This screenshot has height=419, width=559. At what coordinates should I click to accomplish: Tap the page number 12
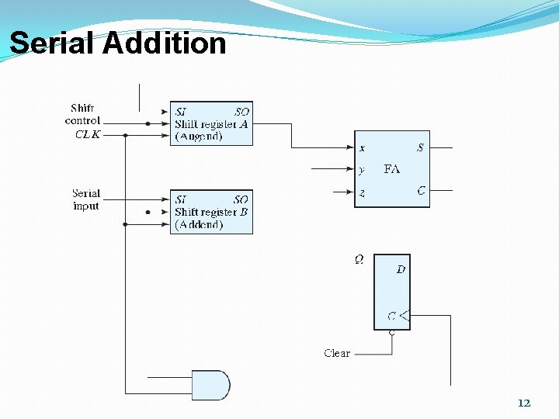[524, 403]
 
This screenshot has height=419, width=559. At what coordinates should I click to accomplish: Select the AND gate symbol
[211, 385]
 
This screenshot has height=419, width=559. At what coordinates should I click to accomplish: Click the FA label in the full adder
[392, 169]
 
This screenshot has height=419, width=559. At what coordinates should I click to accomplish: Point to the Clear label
[337, 353]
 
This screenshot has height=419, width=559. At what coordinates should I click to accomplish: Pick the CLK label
[88, 134]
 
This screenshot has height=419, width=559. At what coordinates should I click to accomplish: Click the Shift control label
[82, 114]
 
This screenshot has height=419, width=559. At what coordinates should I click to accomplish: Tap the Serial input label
[86, 199]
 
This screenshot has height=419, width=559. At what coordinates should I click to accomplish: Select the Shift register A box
[211, 123]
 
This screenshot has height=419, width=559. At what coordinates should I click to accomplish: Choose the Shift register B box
[211, 212]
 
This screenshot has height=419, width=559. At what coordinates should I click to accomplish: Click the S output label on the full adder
[420, 147]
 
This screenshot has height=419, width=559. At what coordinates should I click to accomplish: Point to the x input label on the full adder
[362, 147]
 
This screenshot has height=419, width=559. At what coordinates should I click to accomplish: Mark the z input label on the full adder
[362, 192]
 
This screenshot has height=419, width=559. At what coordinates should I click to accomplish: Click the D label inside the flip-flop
[401, 269]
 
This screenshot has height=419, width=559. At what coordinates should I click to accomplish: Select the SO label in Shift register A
[241, 112]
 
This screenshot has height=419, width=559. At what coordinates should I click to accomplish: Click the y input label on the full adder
[362, 169]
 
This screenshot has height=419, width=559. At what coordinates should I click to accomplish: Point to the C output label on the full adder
[421, 191]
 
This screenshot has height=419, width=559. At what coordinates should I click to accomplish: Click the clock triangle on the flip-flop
[404, 316]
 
